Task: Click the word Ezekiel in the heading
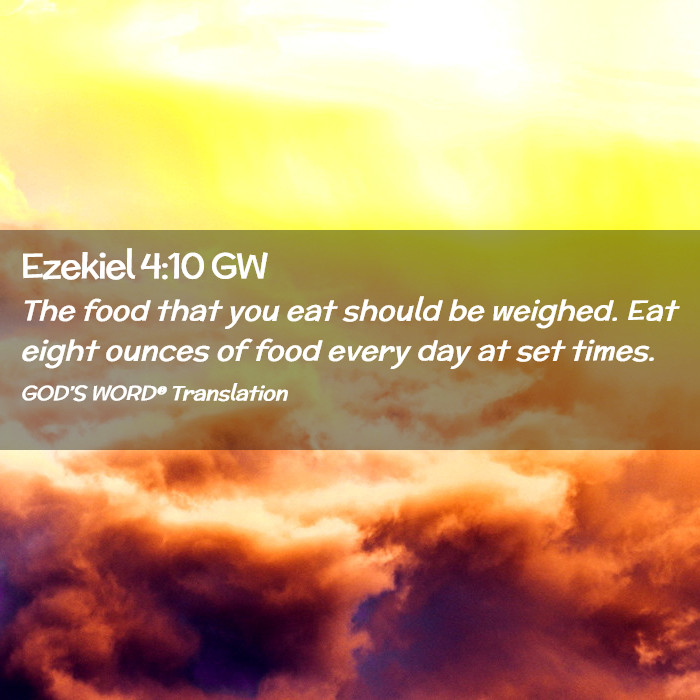click(78, 266)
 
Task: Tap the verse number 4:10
click(172, 267)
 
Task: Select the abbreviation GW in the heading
click(239, 267)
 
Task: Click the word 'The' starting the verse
click(49, 311)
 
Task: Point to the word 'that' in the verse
click(189, 311)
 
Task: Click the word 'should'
click(392, 310)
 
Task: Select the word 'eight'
click(60, 352)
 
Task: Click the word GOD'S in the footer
click(54, 393)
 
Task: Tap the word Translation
click(230, 393)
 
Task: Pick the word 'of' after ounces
click(232, 351)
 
